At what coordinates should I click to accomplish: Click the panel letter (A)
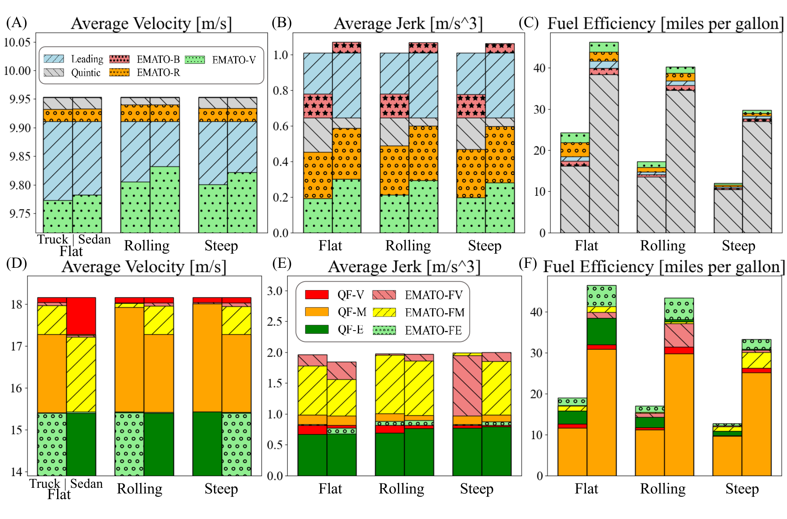17,23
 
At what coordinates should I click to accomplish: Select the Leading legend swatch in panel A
54,59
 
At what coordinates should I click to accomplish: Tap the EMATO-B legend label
158,60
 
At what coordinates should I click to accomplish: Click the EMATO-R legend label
158,73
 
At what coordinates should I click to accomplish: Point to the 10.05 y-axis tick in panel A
17,42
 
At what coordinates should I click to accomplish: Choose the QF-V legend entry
351,295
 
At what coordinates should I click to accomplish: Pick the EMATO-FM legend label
434,312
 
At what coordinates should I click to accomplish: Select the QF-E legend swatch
317,329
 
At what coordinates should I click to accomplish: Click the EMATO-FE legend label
433,330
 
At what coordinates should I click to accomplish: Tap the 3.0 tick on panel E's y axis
274,291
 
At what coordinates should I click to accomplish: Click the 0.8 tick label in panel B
280,90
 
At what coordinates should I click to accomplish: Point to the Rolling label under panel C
663,246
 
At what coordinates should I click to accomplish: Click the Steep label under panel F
742,489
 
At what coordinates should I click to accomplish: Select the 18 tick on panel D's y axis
17,304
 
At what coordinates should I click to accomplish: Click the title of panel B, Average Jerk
408,23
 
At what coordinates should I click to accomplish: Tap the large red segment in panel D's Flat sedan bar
81,316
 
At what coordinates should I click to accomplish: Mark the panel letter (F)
528,263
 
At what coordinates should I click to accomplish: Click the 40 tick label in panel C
539,68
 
